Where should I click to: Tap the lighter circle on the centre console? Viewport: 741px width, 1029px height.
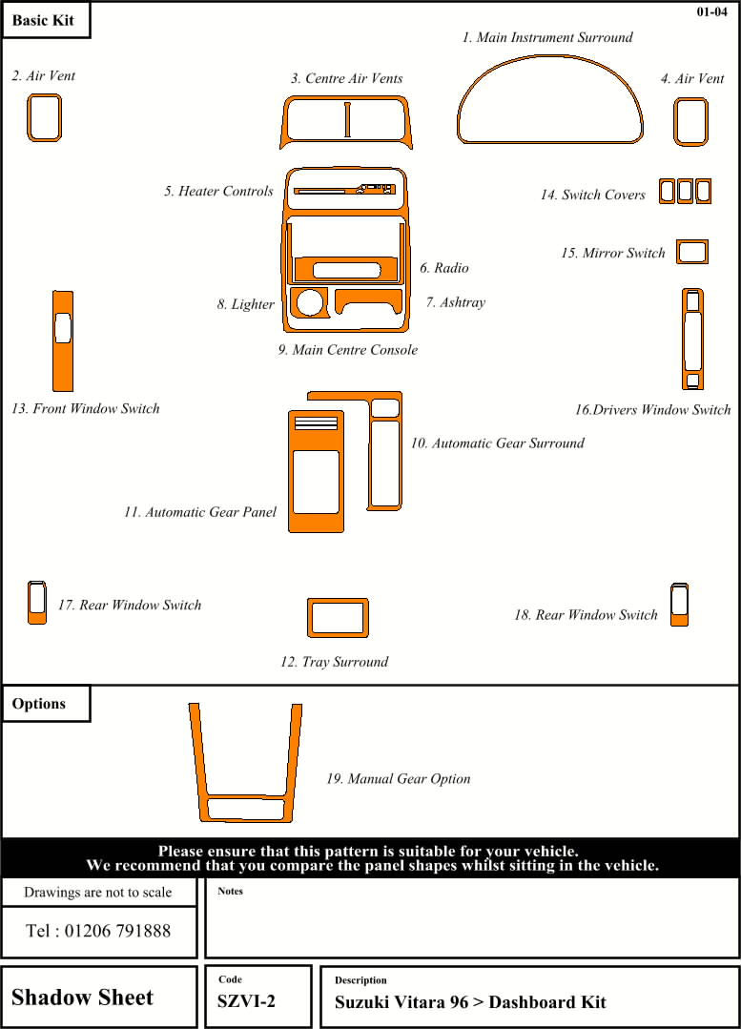point(308,302)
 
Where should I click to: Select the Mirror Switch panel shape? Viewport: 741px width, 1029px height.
point(691,252)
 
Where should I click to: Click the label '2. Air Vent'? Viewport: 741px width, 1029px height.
point(44,75)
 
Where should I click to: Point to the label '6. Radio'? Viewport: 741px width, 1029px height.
point(444,268)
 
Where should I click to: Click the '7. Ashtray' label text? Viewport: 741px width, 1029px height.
point(456,302)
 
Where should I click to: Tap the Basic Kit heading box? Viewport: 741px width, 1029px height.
point(45,20)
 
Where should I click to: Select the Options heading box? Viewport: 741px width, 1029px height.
point(45,704)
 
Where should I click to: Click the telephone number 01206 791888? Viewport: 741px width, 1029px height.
point(98,931)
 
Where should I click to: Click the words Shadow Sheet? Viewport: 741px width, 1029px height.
point(82,998)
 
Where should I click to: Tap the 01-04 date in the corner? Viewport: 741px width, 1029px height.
point(712,12)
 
